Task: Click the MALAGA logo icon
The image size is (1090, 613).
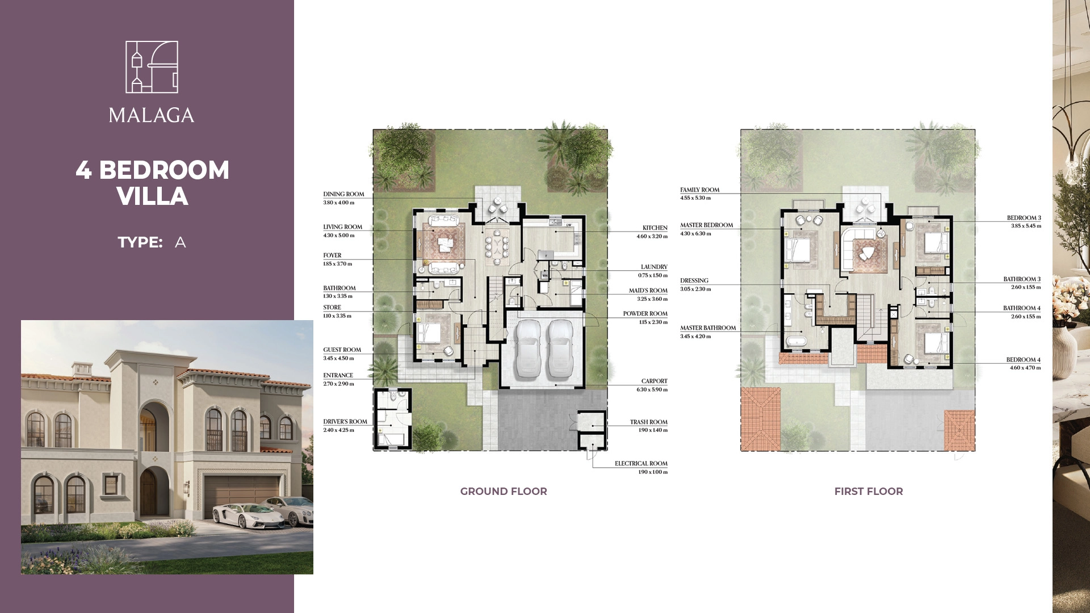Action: (152, 67)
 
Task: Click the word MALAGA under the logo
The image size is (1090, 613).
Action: (152, 115)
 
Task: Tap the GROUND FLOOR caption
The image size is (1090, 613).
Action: (504, 492)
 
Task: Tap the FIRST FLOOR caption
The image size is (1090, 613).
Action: (869, 492)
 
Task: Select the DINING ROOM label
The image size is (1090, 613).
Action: (344, 194)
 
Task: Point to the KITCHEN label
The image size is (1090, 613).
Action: (655, 228)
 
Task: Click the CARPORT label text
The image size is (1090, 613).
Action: (655, 381)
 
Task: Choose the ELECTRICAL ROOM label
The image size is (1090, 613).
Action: (641, 464)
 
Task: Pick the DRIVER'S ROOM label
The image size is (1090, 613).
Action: (345, 422)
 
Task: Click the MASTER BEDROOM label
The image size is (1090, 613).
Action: (707, 225)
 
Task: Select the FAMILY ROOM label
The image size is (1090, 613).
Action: (700, 190)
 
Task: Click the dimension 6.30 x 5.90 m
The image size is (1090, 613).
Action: (652, 390)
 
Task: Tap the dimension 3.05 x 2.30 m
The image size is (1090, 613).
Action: (695, 289)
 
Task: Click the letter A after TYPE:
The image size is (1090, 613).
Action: (181, 242)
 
